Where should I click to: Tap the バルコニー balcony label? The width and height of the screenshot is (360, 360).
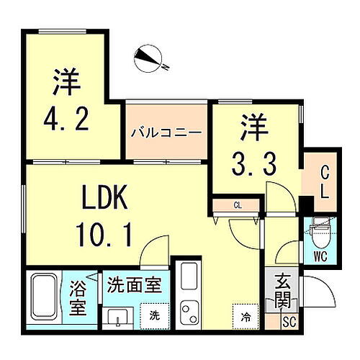click(x=165, y=133)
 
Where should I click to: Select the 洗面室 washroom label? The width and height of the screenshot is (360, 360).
click(x=134, y=284)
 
